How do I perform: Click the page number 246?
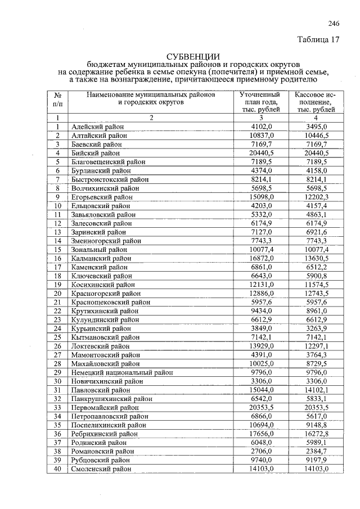coord(334,23)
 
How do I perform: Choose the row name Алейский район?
coord(97,127)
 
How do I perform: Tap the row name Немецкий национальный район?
coord(122,372)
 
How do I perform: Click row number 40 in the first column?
coord(57,469)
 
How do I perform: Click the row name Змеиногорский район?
coord(106,241)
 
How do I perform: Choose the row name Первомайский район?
coord(105,407)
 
